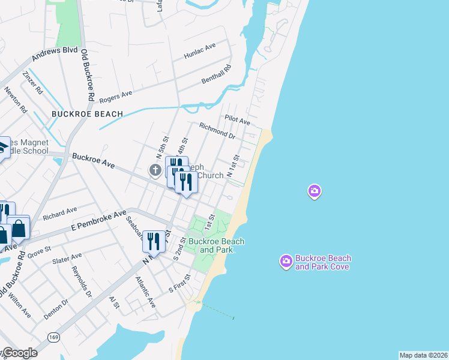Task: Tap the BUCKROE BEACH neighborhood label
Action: [x=87, y=113]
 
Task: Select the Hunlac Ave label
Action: [x=200, y=51]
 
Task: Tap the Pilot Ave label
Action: [x=237, y=121]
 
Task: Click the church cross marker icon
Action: [x=155, y=170]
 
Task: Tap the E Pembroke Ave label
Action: [x=98, y=221]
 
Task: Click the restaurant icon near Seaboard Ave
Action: [x=154, y=241]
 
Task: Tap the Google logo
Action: [x=20, y=353]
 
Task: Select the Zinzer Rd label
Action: [x=32, y=83]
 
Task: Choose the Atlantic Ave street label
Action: [x=145, y=292]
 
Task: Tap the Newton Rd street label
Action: [x=16, y=101]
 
